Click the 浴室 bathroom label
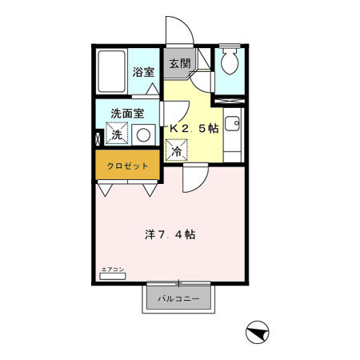[x=144, y=71]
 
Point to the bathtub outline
[x=113, y=73]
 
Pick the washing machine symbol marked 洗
[x=117, y=134]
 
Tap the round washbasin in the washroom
[x=144, y=134]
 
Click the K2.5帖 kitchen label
[x=193, y=129]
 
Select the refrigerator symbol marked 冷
[x=176, y=149]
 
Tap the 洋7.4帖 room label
[x=170, y=235]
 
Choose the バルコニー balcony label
[x=178, y=298]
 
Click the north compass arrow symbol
[x=254, y=330]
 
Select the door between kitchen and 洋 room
[x=193, y=178]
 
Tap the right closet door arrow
[x=149, y=190]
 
